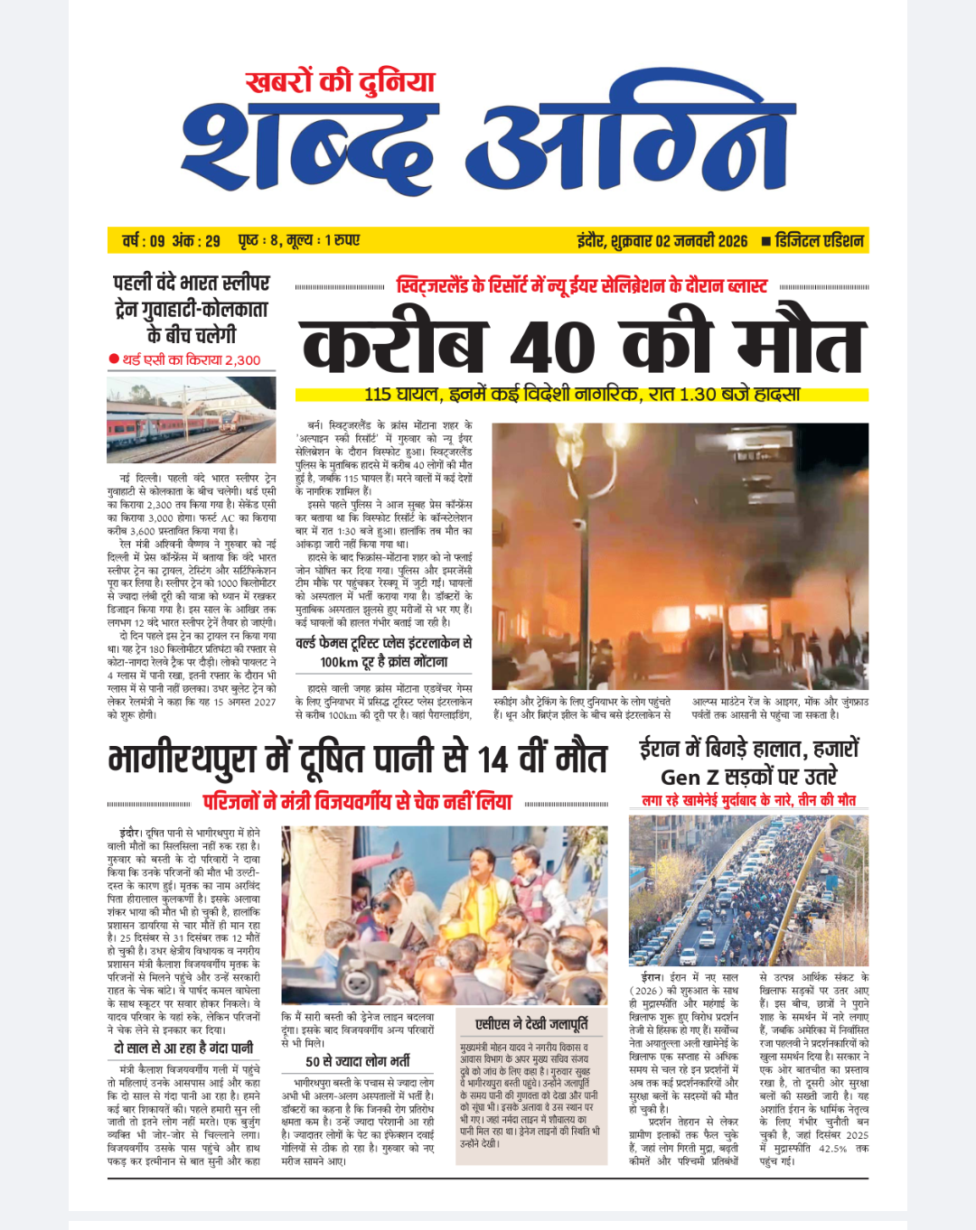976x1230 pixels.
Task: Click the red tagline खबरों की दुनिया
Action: [340, 82]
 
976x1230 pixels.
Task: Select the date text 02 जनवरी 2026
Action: [701, 241]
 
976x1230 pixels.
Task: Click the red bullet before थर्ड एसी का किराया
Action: [114, 359]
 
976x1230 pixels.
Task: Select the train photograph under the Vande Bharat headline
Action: [191, 420]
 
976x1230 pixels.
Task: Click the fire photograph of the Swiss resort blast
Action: [680, 555]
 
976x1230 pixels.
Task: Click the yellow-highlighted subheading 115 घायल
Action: [582, 395]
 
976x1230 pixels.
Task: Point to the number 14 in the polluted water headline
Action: [493, 759]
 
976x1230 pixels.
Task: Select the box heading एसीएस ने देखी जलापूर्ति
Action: [531, 1023]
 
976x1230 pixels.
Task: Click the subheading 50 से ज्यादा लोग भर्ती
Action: [358, 1061]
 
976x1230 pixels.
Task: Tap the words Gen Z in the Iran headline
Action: [692, 777]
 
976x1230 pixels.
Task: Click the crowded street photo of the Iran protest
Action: [748, 890]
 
